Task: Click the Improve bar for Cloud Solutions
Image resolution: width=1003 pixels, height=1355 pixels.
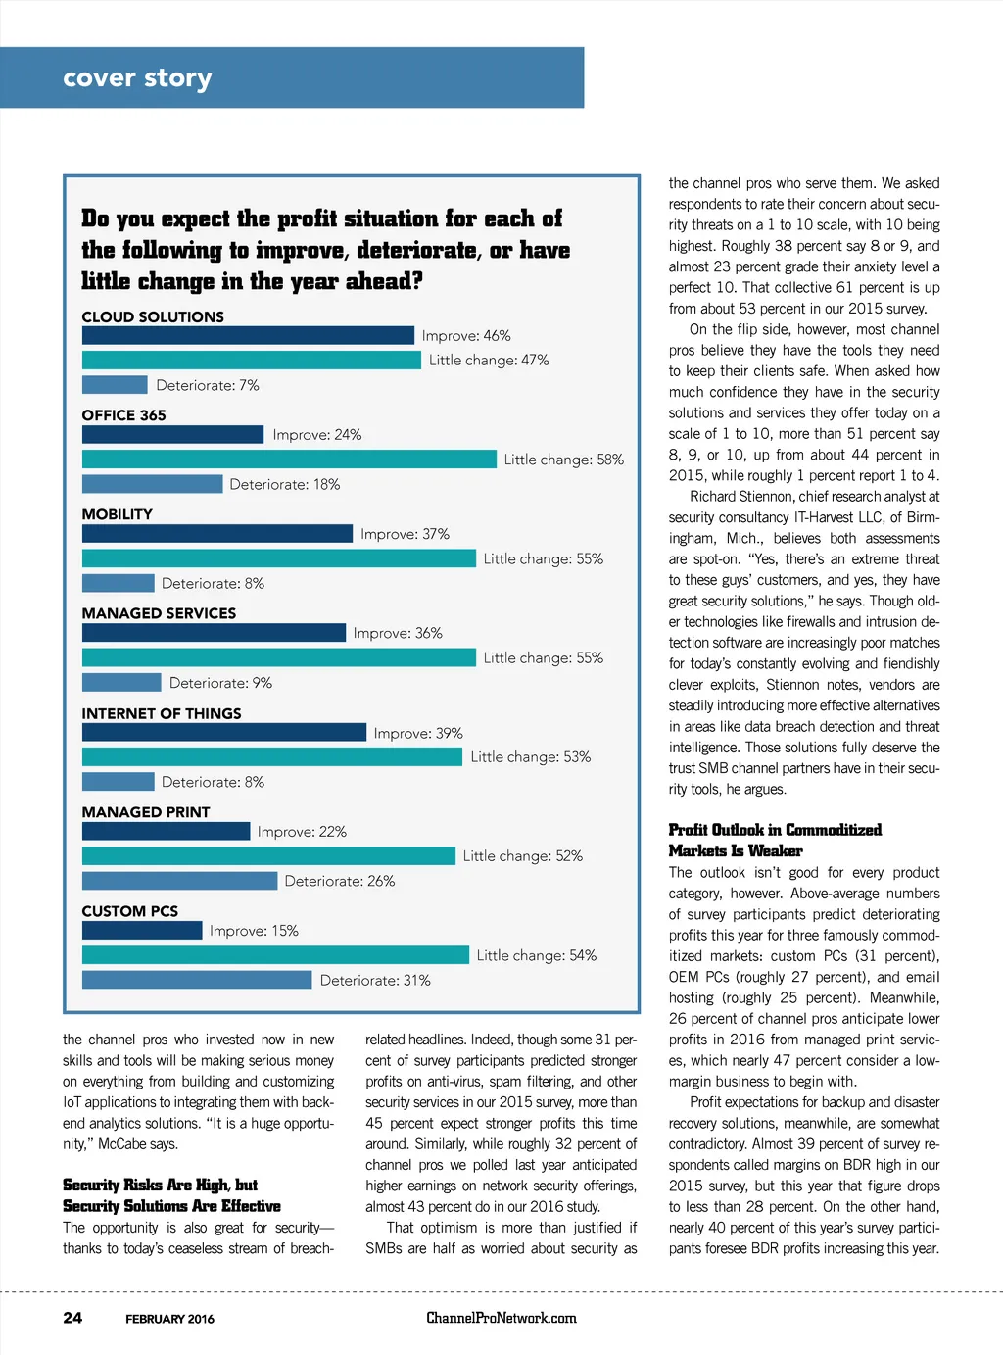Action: tap(248, 335)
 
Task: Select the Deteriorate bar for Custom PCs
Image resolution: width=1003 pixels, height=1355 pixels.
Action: tap(197, 980)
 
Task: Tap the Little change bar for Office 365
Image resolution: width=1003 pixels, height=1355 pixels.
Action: tap(289, 459)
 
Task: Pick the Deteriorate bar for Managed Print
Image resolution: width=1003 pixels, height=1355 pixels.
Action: tap(179, 881)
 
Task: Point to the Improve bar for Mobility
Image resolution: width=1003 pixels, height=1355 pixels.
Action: tap(217, 534)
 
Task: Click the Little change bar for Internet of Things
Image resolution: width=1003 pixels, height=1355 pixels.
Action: tap(272, 756)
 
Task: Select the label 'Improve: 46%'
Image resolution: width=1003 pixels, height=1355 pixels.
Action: tap(466, 335)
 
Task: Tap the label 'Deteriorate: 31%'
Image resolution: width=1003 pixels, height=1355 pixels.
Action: tap(375, 980)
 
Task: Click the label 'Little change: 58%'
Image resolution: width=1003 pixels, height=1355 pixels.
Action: tap(563, 459)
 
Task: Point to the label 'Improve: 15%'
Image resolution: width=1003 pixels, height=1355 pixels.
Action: tap(254, 931)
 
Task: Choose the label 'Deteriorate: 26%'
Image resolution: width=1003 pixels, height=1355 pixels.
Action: tap(340, 881)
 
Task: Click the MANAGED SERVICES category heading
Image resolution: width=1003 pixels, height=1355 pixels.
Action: tap(159, 613)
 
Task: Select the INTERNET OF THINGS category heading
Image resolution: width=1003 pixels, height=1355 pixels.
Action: tap(162, 713)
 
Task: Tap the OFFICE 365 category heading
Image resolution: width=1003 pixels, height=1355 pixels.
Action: tap(124, 415)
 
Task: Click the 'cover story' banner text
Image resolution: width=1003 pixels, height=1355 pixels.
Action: tap(137, 77)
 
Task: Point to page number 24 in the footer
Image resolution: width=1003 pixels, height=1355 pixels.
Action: tap(72, 1318)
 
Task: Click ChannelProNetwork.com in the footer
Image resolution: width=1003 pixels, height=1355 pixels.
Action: tap(501, 1318)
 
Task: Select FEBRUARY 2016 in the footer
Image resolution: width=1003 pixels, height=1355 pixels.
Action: tap(169, 1319)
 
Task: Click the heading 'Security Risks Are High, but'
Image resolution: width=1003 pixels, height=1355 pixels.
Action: tap(160, 1185)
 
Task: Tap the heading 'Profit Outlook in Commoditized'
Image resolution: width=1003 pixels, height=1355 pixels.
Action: tap(775, 830)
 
